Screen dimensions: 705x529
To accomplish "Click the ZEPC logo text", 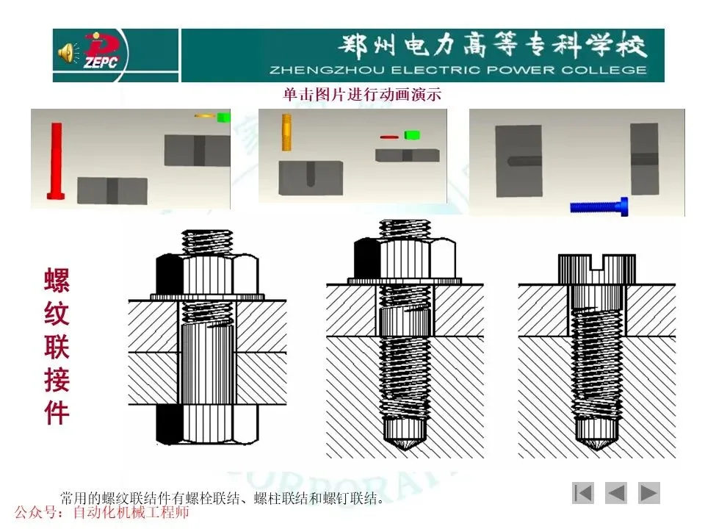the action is (101, 61).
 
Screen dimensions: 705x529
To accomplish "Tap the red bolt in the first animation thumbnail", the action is (57, 161).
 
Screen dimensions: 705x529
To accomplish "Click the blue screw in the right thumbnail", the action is (599, 206).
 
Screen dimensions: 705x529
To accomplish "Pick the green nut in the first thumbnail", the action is (223, 118).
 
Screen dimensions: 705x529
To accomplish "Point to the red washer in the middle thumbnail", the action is (389, 137).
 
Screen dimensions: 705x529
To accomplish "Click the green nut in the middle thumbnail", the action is (412, 135).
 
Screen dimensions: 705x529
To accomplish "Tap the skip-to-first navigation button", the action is (583, 493).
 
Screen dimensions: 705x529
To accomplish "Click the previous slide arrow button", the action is (616, 493).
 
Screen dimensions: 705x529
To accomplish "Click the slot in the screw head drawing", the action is (597, 262).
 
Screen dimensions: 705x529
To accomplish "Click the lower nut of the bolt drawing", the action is (208, 423).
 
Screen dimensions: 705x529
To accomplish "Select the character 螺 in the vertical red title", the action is (57, 279).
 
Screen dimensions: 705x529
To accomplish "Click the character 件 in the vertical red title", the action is (57, 412).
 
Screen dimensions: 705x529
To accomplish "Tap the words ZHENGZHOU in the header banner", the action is (326, 71).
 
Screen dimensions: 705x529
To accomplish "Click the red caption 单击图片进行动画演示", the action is (362, 94).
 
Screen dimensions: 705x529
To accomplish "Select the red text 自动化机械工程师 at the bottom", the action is (131, 512).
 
